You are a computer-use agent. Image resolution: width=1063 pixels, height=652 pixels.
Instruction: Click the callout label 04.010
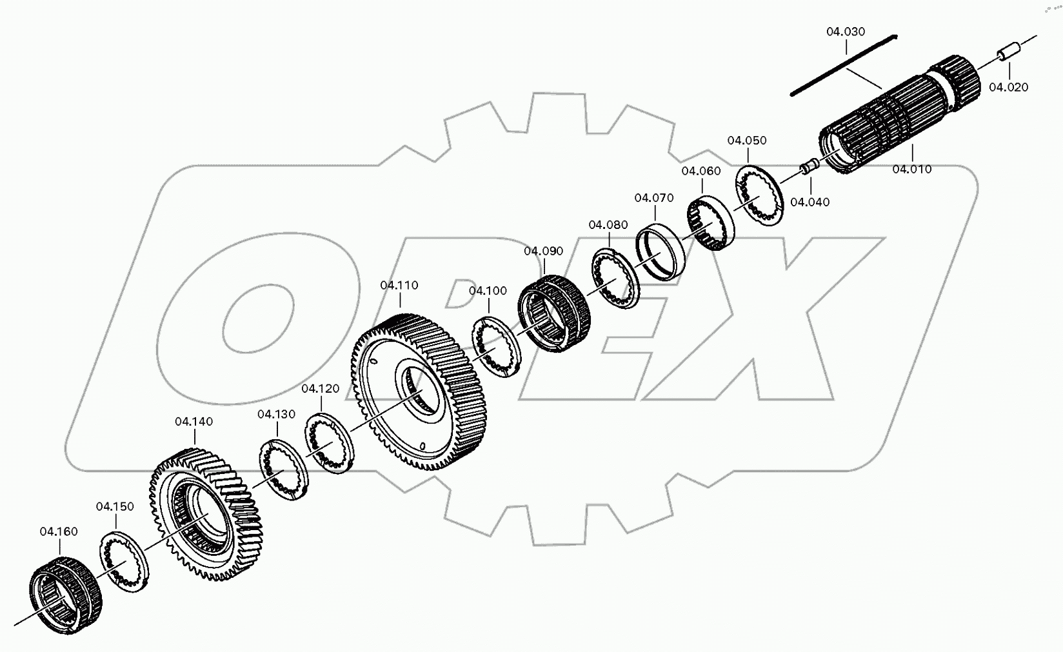click(911, 170)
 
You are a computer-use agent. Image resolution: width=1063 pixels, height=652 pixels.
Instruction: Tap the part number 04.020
click(1008, 88)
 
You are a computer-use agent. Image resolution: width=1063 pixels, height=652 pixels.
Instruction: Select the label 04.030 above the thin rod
click(846, 32)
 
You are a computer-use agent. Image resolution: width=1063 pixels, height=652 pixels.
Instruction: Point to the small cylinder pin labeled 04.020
click(1008, 52)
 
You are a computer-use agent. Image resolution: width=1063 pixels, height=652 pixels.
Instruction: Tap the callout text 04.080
click(608, 225)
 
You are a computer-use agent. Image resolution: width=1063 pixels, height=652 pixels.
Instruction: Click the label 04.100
click(488, 291)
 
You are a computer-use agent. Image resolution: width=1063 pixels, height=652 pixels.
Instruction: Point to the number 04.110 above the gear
click(399, 285)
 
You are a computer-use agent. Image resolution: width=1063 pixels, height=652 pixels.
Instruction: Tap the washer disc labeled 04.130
click(284, 469)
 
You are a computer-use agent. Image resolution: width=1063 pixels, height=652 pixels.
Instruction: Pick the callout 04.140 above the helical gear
click(194, 422)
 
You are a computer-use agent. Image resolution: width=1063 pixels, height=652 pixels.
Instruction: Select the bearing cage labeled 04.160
click(66, 593)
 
